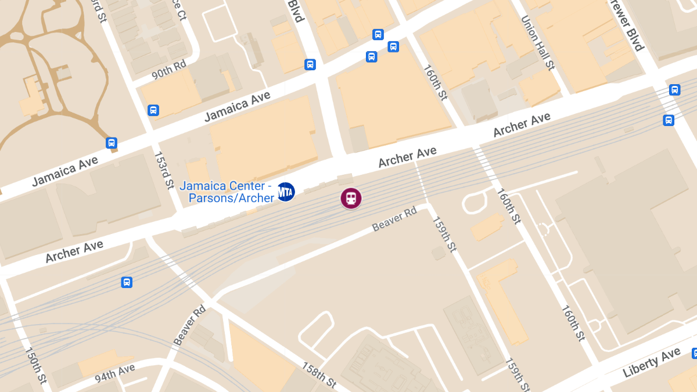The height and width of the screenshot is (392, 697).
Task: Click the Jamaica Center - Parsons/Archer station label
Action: (227, 192)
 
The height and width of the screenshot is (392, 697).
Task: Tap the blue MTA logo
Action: (286, 191)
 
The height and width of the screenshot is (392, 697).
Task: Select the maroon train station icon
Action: (351, 198)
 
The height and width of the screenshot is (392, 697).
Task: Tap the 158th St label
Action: (318, 375)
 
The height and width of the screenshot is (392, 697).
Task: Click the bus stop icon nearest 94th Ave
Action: (127, 282)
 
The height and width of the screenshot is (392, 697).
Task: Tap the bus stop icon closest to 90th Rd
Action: (153, 110)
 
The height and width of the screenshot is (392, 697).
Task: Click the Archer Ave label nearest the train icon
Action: (407, 157)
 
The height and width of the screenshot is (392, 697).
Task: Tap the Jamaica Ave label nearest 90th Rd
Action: (238, 107)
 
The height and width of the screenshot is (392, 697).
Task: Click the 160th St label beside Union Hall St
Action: (436, 82)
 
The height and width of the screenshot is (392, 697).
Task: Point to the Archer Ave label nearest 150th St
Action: (74, 251)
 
